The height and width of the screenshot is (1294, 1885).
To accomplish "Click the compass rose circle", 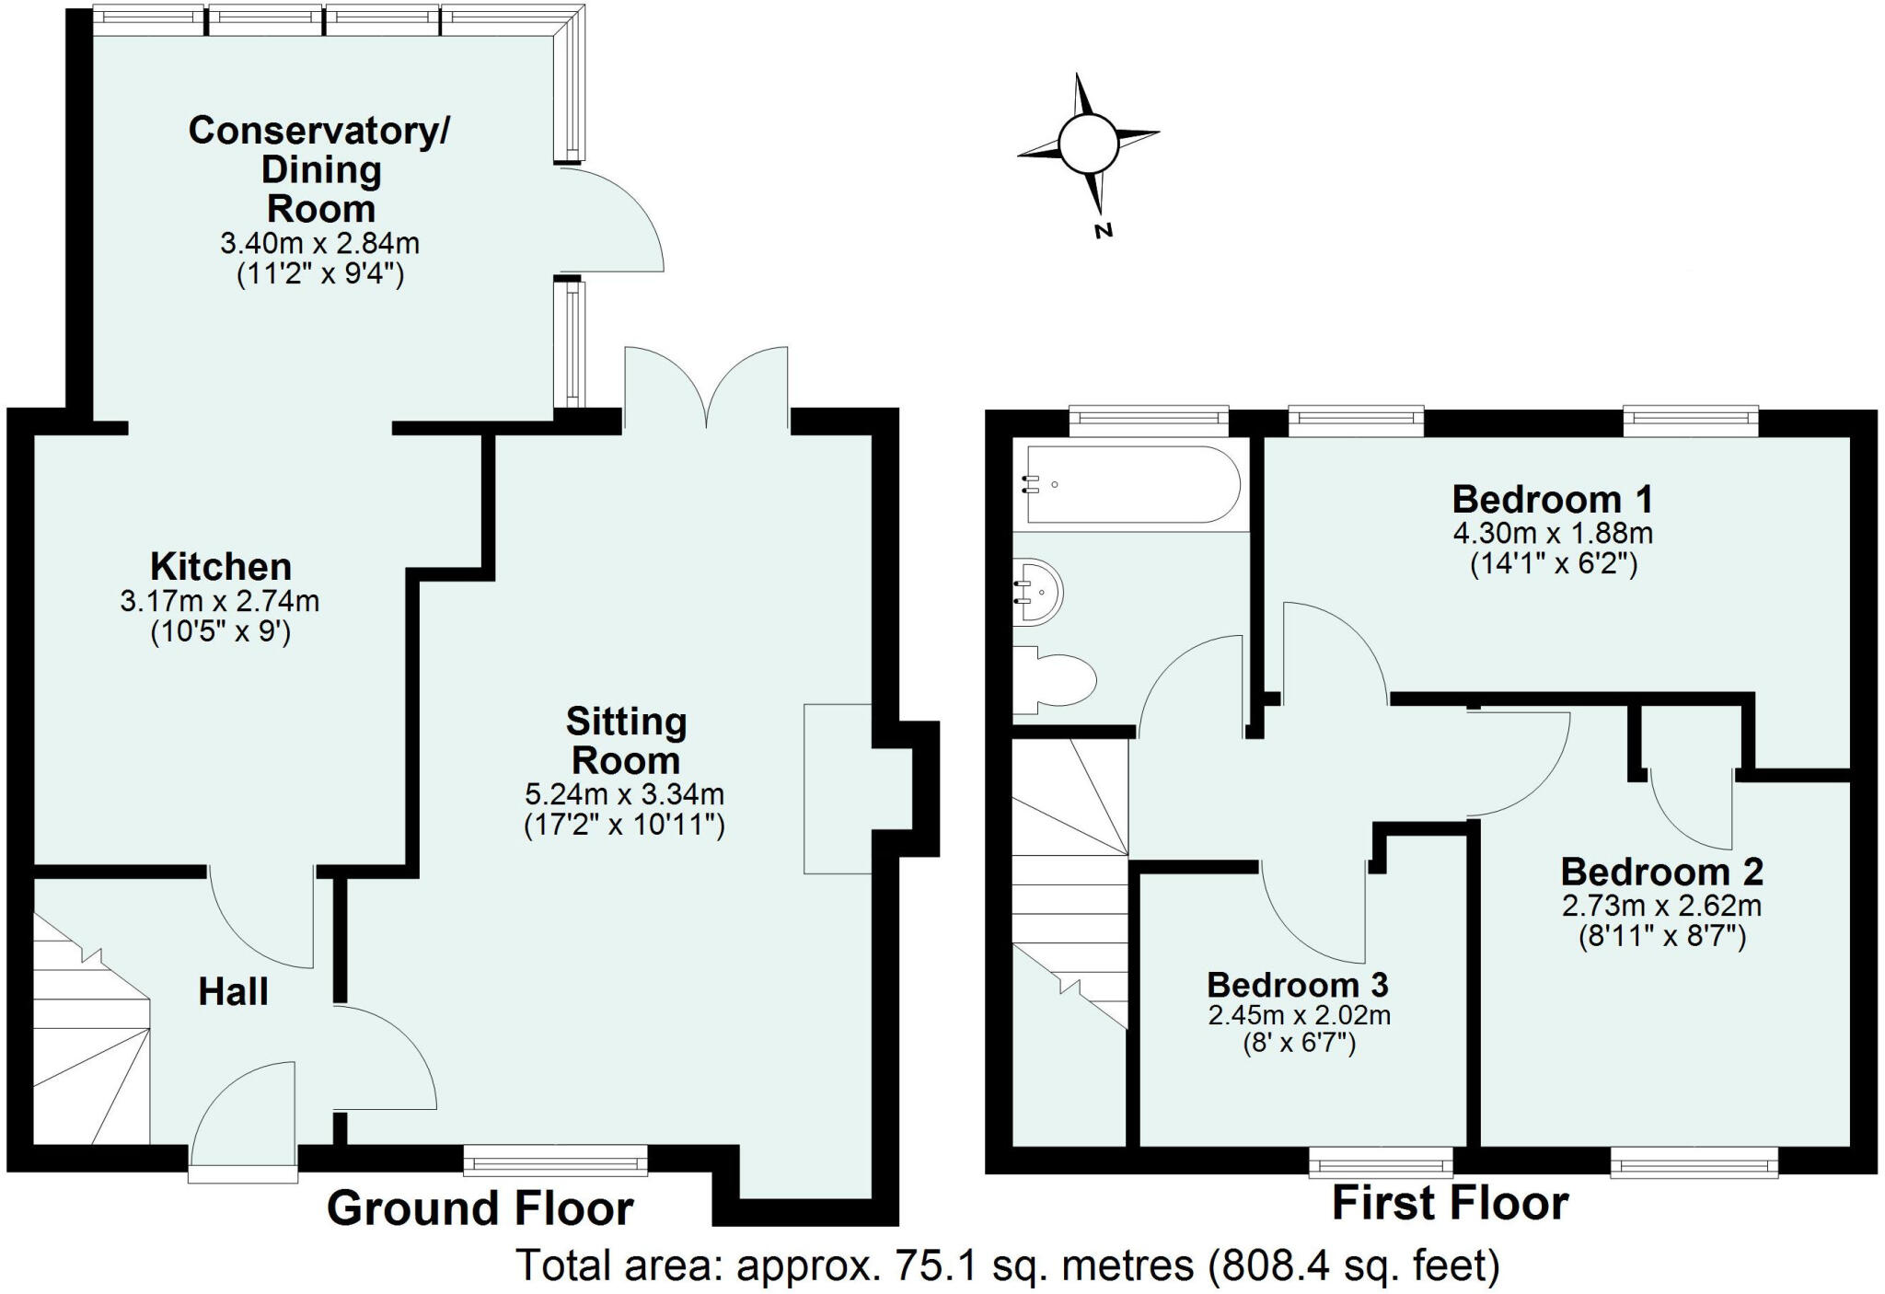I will coord(1087,144).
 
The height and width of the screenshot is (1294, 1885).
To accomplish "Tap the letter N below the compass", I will coord(1104,230).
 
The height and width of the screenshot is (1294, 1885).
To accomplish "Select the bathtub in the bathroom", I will coord(1133,485).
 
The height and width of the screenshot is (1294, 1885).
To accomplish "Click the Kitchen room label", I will coord(221,566).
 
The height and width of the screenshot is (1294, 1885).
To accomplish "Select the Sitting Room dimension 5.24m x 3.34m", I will coord(624,793).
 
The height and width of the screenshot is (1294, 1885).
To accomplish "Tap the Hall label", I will coord(233,992).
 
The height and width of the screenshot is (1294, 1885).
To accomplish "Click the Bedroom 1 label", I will coord(1553,500).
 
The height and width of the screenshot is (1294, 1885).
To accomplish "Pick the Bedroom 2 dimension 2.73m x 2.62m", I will coord(1661,906).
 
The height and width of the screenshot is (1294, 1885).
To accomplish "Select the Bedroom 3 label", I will coord(1298,985).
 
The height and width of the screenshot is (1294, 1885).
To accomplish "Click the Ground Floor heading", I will coord(480,1208).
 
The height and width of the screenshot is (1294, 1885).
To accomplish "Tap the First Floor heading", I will coord(1450,1204).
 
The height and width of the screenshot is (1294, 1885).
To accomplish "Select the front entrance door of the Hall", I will coord(244,1118).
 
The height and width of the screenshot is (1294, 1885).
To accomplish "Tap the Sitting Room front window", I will coord(555,1160).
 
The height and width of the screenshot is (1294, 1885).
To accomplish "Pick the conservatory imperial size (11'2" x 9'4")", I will coord(320,274).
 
